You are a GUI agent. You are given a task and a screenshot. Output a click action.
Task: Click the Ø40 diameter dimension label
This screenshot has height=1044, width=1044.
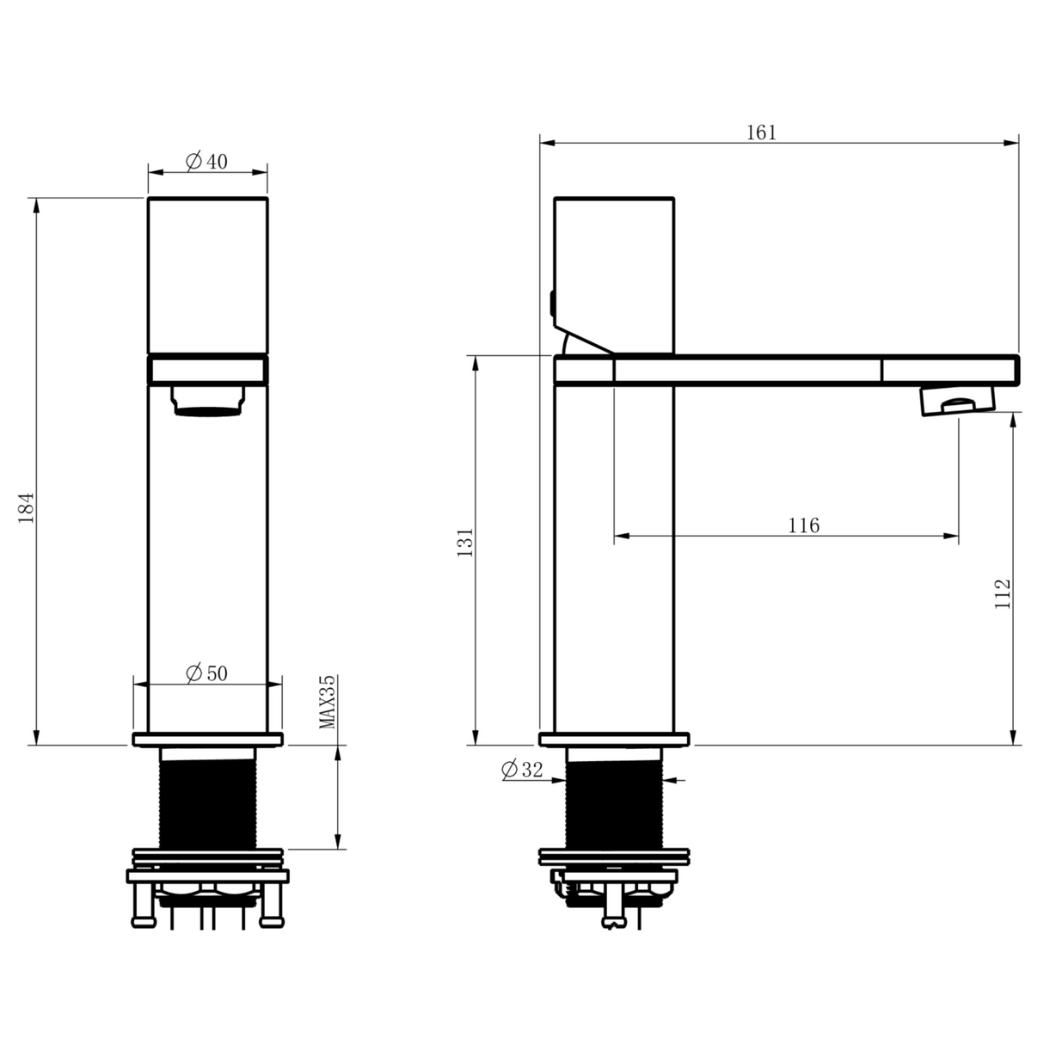[207, 162]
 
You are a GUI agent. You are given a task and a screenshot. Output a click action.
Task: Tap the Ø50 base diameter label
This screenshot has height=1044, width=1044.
[207, 673]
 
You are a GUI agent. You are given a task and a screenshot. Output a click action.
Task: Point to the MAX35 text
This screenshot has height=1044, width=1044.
[327, 702]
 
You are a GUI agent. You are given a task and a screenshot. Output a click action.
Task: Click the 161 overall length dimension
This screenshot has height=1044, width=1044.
[760, 132]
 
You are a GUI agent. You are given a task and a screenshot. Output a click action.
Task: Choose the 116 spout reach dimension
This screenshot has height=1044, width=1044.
[803, 525]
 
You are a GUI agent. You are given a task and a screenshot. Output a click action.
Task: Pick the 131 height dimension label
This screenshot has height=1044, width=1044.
[465, 543]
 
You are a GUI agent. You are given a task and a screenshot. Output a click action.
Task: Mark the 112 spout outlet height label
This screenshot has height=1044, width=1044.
[1002, 594]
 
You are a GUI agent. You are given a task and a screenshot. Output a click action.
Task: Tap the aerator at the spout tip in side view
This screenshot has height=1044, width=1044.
[956, 400]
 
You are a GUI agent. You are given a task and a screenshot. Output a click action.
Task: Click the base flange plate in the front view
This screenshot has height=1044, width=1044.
[208, 739]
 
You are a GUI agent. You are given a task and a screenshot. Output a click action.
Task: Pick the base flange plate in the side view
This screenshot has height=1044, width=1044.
[613, 739]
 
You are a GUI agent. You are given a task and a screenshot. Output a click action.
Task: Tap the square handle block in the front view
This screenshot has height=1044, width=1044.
[208, 273]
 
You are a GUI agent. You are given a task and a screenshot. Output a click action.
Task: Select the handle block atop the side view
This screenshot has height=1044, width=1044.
[613, 273]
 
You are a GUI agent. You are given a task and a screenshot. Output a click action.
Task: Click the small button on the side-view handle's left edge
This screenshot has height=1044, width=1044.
[552, 303]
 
